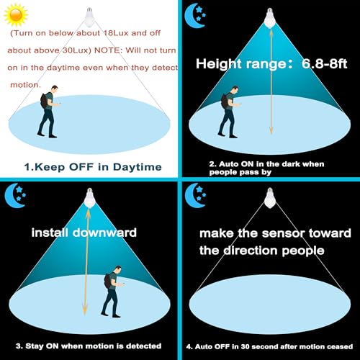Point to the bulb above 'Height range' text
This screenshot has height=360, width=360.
coord(271,19)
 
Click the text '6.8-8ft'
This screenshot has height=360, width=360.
coord(318,63)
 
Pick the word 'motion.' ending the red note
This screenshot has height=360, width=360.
coord(26,85)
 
